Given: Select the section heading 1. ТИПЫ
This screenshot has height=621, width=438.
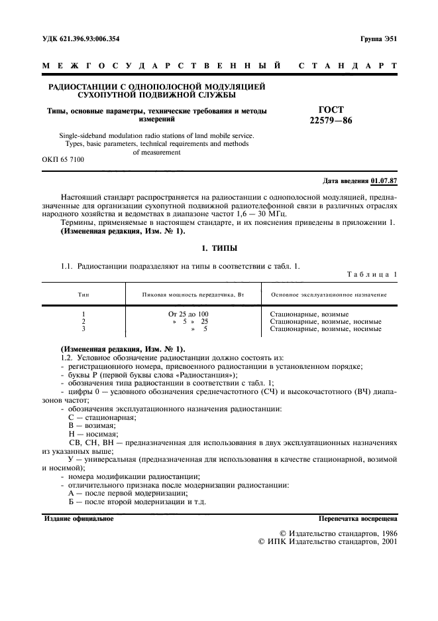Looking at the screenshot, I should coord(219,247).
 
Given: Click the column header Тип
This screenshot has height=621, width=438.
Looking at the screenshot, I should coord(83,294).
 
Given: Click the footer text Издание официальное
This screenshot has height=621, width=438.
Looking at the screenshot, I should coord(78,518).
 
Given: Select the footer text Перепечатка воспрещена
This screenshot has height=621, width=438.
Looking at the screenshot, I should coord(357,518).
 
